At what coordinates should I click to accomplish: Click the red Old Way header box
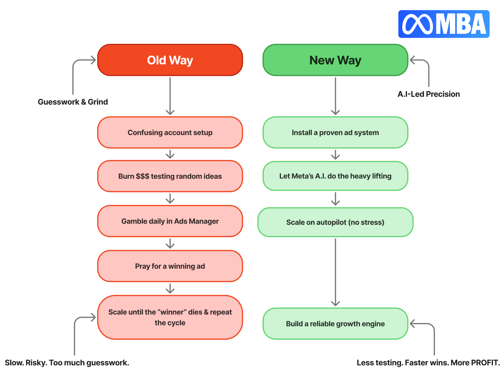click(x=170, y=60)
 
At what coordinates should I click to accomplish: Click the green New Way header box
click(x=335, y=60)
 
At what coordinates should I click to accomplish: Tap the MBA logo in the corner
click(x=444, y=24)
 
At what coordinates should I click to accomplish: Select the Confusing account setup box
click(x=170, y=133)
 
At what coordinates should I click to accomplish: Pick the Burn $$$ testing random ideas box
click(x=170, y=176)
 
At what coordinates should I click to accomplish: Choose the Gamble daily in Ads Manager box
click(x=170, y=221)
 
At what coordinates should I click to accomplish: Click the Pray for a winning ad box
click(x=170, y=266)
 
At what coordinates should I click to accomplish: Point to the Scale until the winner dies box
click(x=170, y=317)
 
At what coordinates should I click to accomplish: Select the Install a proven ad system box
click(x=335, y=133)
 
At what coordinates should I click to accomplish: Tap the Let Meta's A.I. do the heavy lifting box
click(x=335, y=176)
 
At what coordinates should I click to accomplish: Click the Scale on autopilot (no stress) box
click(x=335, y=222)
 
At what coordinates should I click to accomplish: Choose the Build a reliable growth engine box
click(x=335, y=324)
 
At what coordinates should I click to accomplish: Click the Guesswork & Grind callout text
click(x=73, y=102)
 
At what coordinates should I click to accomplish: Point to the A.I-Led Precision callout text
click(x=429, y=94)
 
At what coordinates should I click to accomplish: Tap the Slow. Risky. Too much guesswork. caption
click(x=67, y=363)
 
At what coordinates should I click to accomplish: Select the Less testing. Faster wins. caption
click(x=428, y=363)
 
